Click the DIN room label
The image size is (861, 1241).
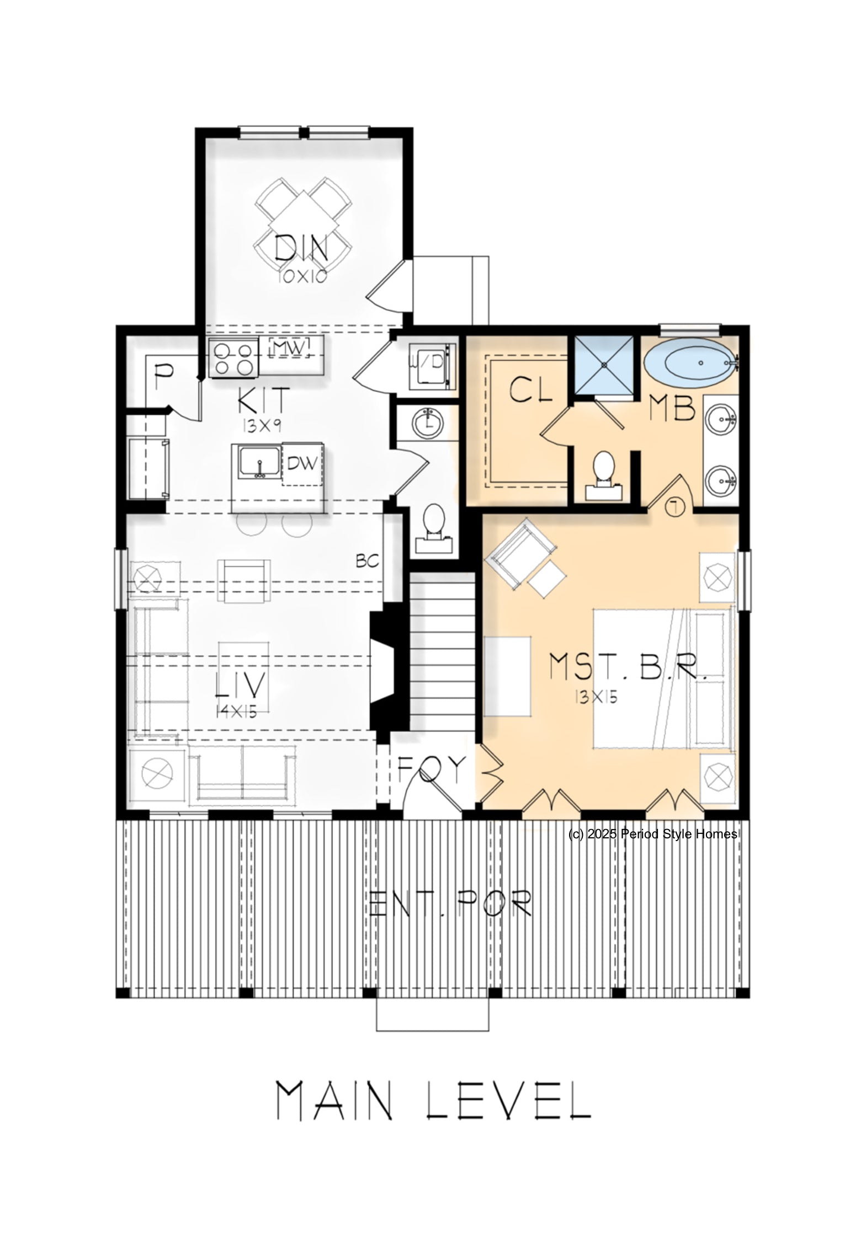(301, 248)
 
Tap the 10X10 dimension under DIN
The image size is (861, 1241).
(302, 276)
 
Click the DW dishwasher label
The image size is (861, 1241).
(302, 463)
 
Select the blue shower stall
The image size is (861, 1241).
(605, 365)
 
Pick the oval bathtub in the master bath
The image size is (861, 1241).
(690, 363)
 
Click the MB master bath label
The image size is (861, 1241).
(672, 409)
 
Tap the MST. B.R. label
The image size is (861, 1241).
(628, 667)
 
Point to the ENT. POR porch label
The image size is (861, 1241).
(451, 902)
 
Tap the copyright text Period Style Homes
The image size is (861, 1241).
(679, 834)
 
